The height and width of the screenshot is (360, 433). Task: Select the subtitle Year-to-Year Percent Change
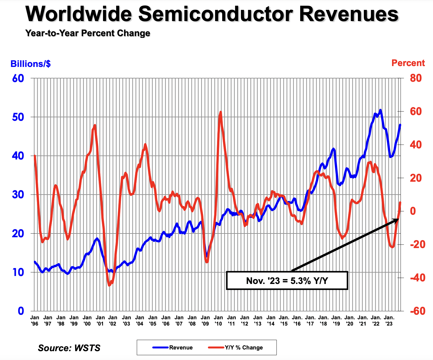pyautogui.click(x=88, y=33)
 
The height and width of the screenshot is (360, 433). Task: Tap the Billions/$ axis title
pyautogui.click(x=30, y=64)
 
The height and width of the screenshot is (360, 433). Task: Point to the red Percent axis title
pyautogui.click(x=408, y=63)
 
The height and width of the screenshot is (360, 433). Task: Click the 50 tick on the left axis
pyautogui.click(x=18, y=117)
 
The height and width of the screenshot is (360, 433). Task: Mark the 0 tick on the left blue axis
pyautogui.click(x=21, y=311)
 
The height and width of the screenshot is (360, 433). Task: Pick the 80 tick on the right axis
pyautogui.click(x=416, y=78)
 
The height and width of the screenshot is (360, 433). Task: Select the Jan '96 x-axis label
pyautogui.click(x=35, y=320)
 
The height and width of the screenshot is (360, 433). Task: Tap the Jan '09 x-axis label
pyautogui.click(x=205, y=320)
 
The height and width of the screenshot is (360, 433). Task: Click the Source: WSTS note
pyautogui.click(x=69, y=348)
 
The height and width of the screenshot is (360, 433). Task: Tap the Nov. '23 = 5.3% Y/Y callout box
pyautogui.click(x=287, y=281)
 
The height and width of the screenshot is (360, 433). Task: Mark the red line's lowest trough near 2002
pyautogui.click(x=110, y=285)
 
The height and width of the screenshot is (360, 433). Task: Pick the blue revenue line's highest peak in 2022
pyautogui.click(x=380, y=110)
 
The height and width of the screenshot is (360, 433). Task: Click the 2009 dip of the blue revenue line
pyautogui.click(x=207, y=256)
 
